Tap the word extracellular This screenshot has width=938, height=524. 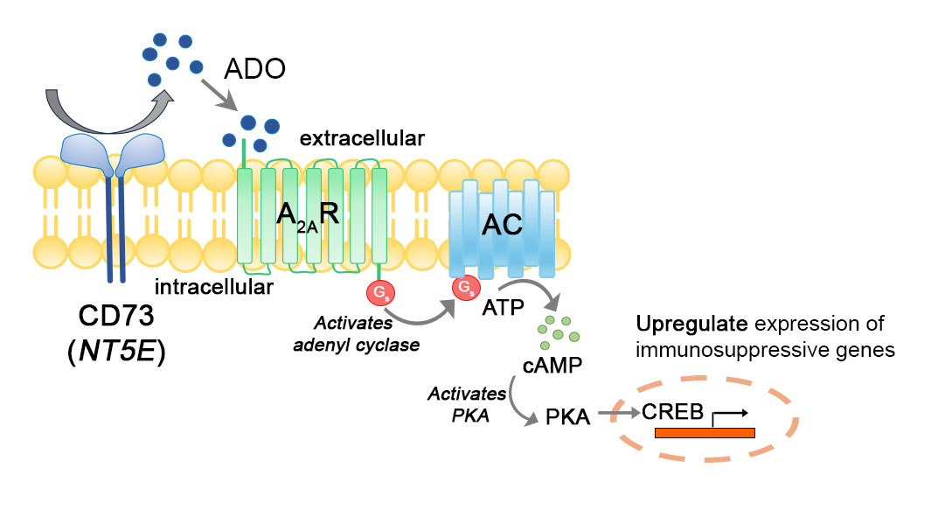(x=363, y=138)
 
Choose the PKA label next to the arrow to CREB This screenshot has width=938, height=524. (x=568, y=418)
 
